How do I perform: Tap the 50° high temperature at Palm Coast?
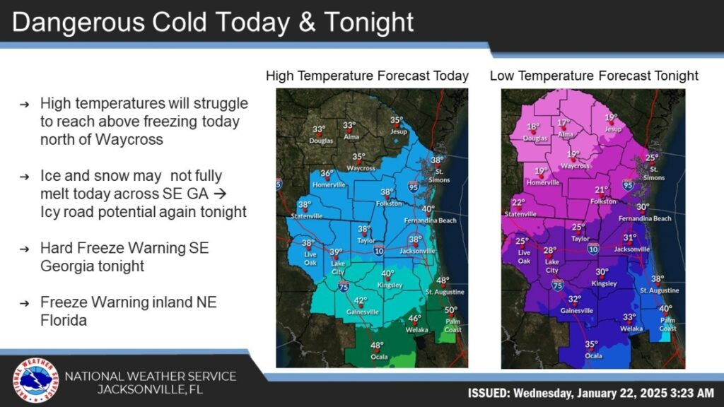click(451, 309)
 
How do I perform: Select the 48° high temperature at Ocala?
click(378, 346)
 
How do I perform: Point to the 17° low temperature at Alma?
click(564, 122)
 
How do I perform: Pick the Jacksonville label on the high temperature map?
click(416, 249)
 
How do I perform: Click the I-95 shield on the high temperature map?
click(413, 187)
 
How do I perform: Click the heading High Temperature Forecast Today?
click(367, 76)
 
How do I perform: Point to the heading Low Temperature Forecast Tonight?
click(594, 76)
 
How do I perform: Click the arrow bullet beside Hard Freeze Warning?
click(25, 249)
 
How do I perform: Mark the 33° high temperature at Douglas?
click(319, 129)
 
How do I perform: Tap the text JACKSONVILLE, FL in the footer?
click(151, 389)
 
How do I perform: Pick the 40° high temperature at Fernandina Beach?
click(428, 208)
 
